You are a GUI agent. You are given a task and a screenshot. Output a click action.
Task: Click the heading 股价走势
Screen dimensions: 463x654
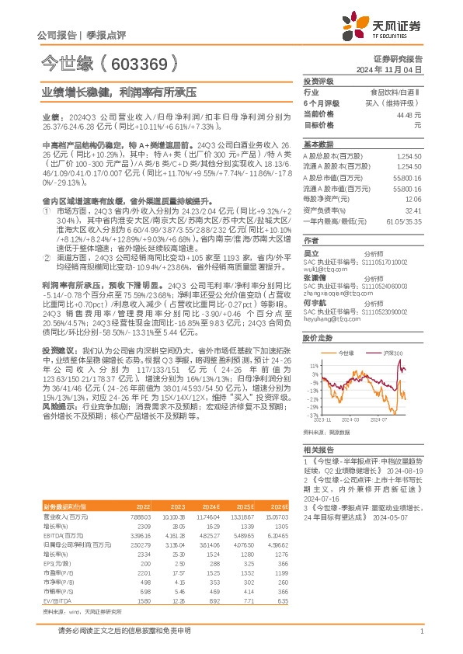(318, 338)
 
